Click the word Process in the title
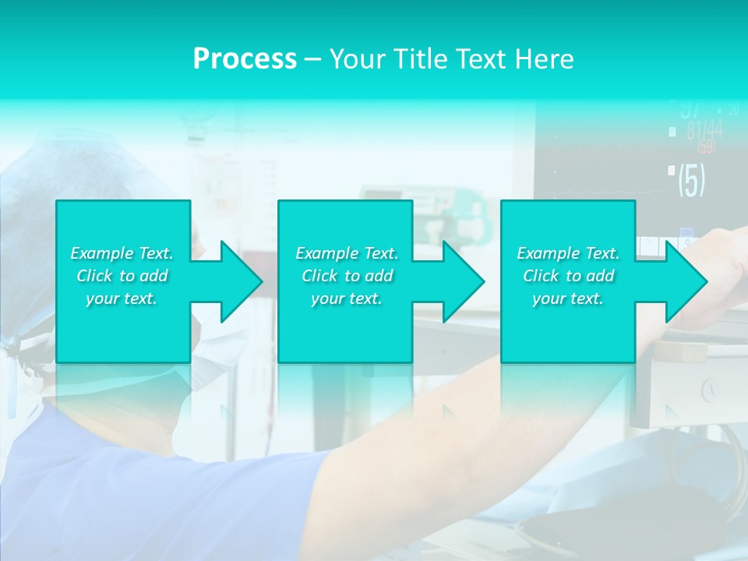(x=245, y=58)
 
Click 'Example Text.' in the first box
(x=122, y=253)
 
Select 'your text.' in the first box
(x=122, y=298)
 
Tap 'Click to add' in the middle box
(x=347, y=276)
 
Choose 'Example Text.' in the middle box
(x=347, y=253)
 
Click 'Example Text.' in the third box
(x=568, y=253)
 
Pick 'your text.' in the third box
(x=568, y=298)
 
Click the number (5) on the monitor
(x=691, y=180)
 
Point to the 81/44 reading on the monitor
(x=704, y=130)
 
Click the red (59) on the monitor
(x=706, y=147)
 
